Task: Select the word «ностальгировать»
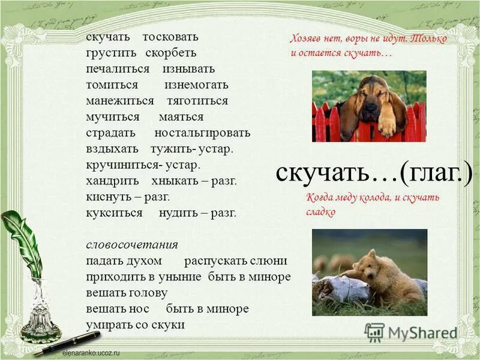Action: (x=202, y=133)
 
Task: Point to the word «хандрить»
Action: (x=112, y=181)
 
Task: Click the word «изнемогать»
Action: (x=196, y=85)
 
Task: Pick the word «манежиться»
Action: (x=119, y=101)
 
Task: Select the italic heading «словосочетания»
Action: (x=131, y=245)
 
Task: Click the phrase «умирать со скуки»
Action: (x=134, y=325)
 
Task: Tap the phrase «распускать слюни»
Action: (x=236, y=261)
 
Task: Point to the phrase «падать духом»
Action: (x=124, y=261)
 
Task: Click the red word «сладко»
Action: (x=320, y=212)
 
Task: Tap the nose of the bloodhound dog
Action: (x=370, y=107)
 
